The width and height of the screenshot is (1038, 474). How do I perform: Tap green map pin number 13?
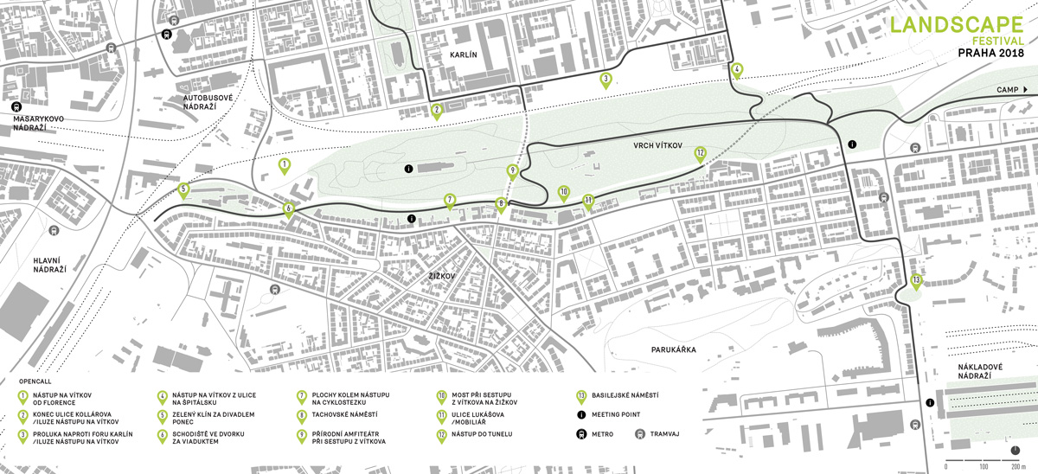(915, 280)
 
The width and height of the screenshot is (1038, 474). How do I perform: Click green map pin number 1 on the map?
(284, 164)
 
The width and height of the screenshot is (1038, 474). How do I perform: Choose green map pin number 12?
(700, 154)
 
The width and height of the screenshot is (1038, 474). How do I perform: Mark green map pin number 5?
(183, 189)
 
